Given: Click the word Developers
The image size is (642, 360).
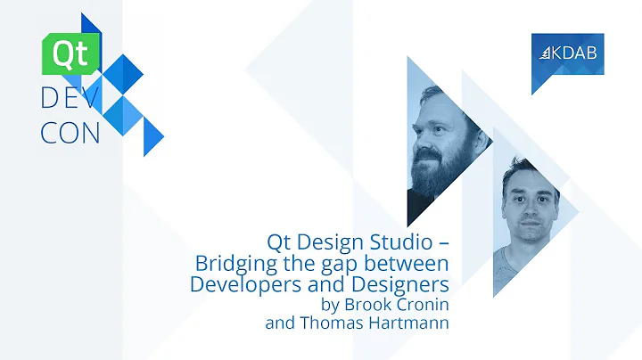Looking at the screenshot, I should [x=244, y=284].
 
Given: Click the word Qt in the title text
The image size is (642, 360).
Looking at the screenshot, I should [x=282, y=241].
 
